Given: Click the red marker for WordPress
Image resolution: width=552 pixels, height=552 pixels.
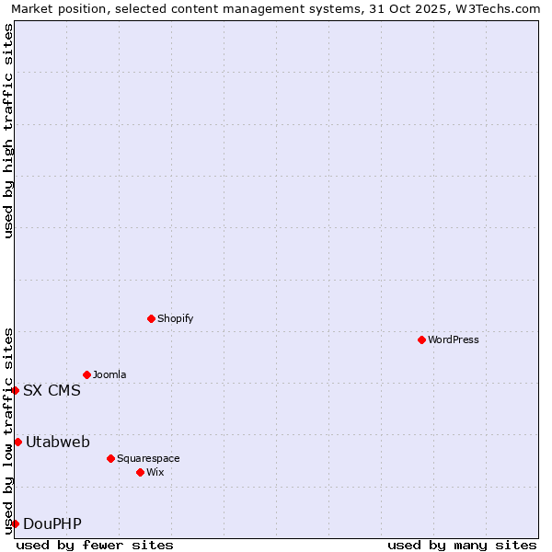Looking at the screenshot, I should (421, 339).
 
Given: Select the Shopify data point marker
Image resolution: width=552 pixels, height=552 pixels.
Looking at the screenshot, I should (151, 318).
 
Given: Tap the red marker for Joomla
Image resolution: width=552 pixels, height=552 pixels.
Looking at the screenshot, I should (86, 374).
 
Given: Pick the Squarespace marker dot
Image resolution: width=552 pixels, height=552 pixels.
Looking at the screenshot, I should (110, 458).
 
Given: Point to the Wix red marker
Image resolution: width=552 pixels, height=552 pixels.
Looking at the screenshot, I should (140, 472).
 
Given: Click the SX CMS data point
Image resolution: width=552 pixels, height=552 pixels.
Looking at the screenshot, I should (15, 390).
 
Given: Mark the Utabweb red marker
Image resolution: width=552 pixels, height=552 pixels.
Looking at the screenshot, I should (17, 443).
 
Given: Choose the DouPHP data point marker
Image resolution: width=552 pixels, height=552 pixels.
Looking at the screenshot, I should (15, 523).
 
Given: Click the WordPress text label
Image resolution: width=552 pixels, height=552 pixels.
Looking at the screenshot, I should (454, 339).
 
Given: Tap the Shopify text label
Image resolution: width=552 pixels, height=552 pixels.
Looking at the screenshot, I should (176, 318).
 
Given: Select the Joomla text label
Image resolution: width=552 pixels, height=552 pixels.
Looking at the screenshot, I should (109, 374).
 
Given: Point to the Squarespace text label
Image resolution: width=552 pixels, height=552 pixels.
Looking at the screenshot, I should (148, 458).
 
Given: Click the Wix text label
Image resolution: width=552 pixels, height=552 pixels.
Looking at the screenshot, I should (155, 472).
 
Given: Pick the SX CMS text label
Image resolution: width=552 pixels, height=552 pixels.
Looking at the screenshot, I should (52, 390).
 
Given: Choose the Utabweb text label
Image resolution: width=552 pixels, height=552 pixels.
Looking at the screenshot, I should (58, 443).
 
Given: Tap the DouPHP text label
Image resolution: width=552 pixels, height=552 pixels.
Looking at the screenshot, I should (52, 523).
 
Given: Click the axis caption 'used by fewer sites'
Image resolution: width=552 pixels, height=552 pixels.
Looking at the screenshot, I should (95, 545).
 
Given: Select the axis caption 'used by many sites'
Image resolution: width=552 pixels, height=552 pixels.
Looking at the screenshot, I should (462, 545).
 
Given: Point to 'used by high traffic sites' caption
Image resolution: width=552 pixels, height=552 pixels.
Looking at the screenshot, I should (8, 131).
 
